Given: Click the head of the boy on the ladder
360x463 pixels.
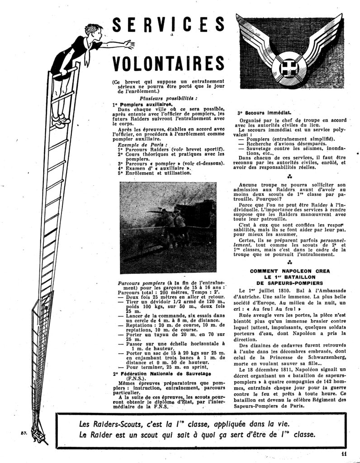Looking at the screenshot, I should click(93, 33).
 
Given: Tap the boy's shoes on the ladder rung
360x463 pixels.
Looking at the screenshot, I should click(60, 121).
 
